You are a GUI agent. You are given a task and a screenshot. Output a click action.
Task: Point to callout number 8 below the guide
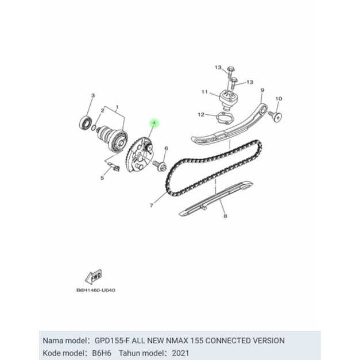pos(225,216)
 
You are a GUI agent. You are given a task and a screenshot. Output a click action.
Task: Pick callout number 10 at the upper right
pos(278,99)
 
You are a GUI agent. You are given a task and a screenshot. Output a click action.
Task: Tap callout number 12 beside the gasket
pos(202,115)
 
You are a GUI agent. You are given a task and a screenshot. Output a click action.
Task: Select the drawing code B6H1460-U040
pos(96,290)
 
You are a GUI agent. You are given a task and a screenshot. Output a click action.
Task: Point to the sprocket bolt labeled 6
pos(161,167)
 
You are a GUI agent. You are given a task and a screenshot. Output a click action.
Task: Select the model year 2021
pos(178,353)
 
